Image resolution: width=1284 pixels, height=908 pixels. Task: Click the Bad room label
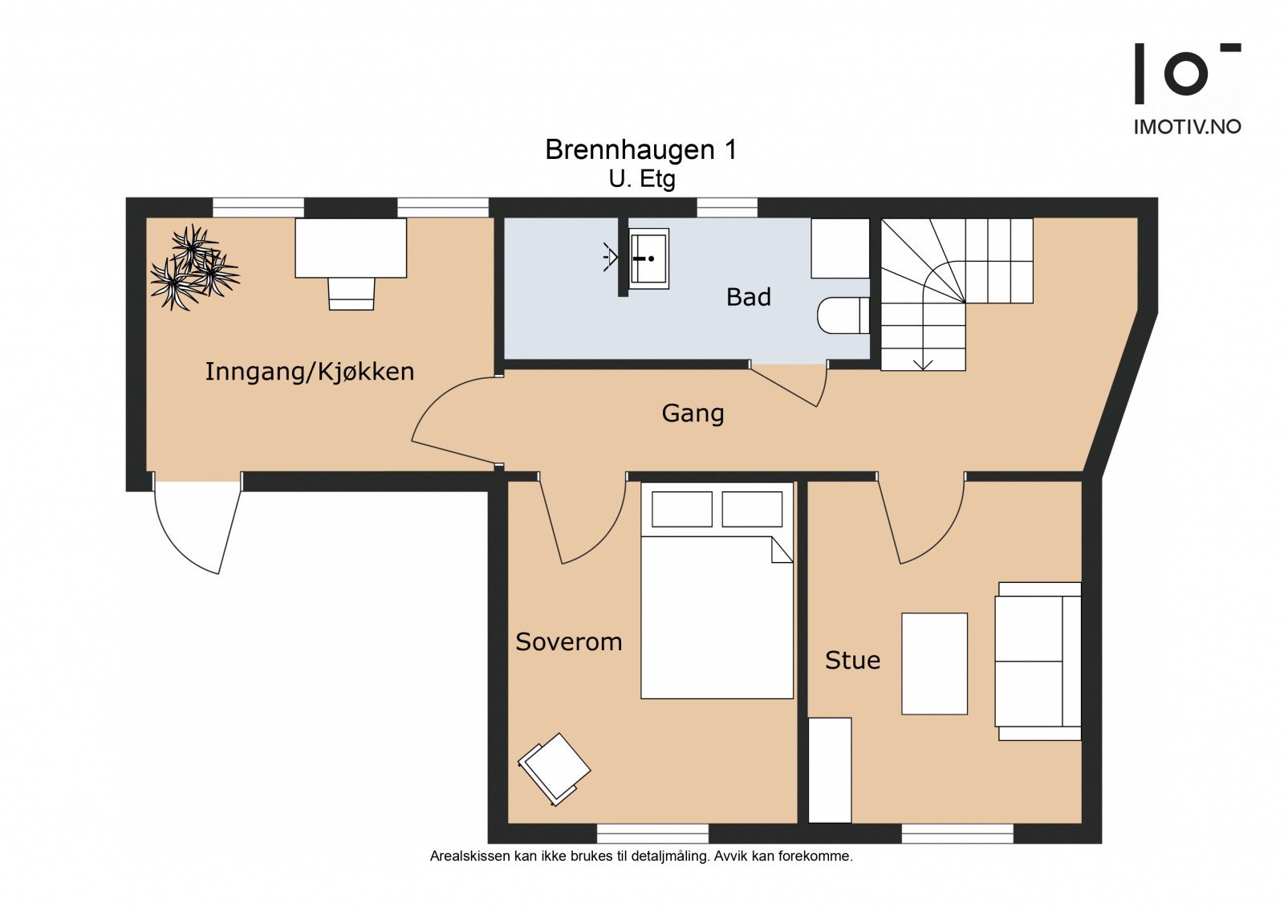(748, 297)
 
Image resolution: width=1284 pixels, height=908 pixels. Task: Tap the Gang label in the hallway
(693, 413)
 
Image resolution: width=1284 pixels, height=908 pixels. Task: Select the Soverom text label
(569, 641)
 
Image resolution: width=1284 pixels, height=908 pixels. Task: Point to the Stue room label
(852, 660)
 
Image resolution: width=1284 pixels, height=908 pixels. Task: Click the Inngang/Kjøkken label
(310, 372)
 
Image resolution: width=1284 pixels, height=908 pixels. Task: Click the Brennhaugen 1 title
(641, 149)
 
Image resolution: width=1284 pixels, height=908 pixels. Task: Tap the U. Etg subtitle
(642, 180)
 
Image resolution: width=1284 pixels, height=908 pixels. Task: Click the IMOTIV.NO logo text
(1187, 127)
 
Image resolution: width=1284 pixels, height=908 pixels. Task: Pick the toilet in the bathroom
(843, 316)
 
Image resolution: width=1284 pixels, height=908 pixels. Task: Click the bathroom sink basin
(649, 259)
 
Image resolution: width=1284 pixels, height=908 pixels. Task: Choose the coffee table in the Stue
(934, 664)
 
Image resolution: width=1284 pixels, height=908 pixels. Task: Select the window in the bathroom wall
(727, 208)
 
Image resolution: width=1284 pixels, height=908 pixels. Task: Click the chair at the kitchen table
(351, 294)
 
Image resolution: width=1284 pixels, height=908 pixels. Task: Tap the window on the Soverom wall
(653, 833)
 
